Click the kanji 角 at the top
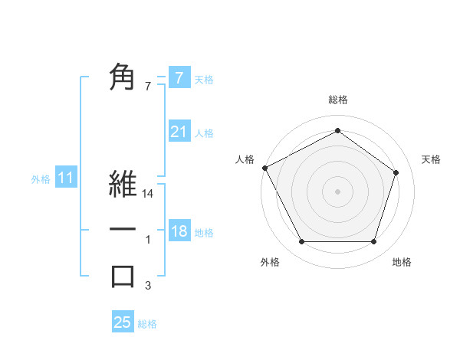click(123, 77)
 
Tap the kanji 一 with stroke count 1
click(123, 230)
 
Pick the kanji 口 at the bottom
click(123, 276)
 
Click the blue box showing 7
click(179, 77)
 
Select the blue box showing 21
click(179, 132)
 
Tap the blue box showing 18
click(179, 231)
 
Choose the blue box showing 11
click(66, 178)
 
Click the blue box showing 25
click(123, 322)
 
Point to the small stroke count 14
click(149, 195)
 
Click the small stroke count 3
click(149, 286)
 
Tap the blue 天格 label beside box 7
click(204, 79)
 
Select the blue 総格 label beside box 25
click(147, 324)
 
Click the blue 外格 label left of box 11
click(41, 179)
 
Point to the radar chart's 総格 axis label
click(338, 100)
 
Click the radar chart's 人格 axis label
click(245, 159)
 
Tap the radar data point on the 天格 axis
click(396, 172)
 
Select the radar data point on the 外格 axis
click(301, 242)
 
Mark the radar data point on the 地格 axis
click(373, 242)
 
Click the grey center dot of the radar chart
click(337, 191)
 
